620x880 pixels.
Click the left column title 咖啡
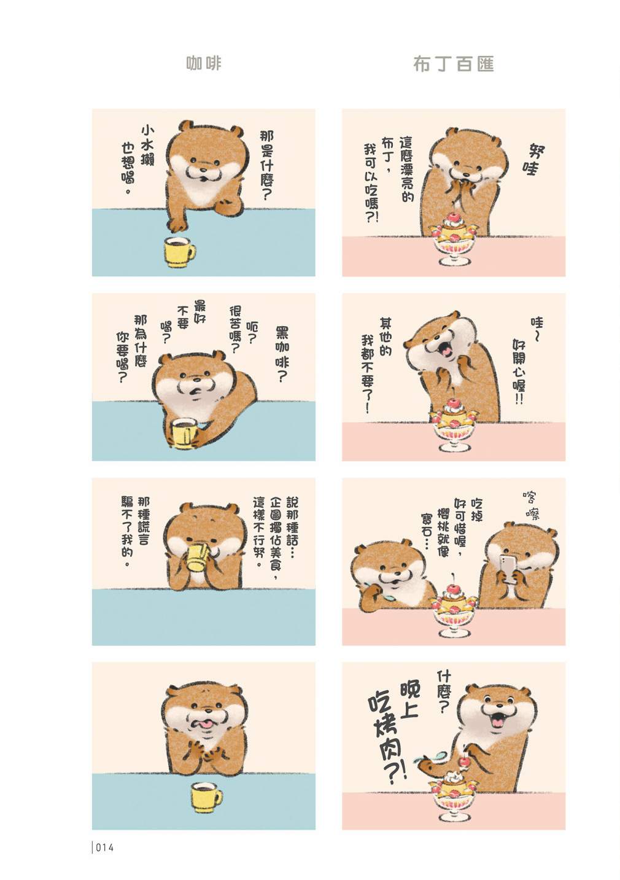(203, 63)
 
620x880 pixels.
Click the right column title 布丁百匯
(454, 64)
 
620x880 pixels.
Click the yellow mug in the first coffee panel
(179, 252)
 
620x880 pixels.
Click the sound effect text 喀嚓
(531, 504)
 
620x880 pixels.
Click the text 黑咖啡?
(281, 354)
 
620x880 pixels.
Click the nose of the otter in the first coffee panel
(203, 170)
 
